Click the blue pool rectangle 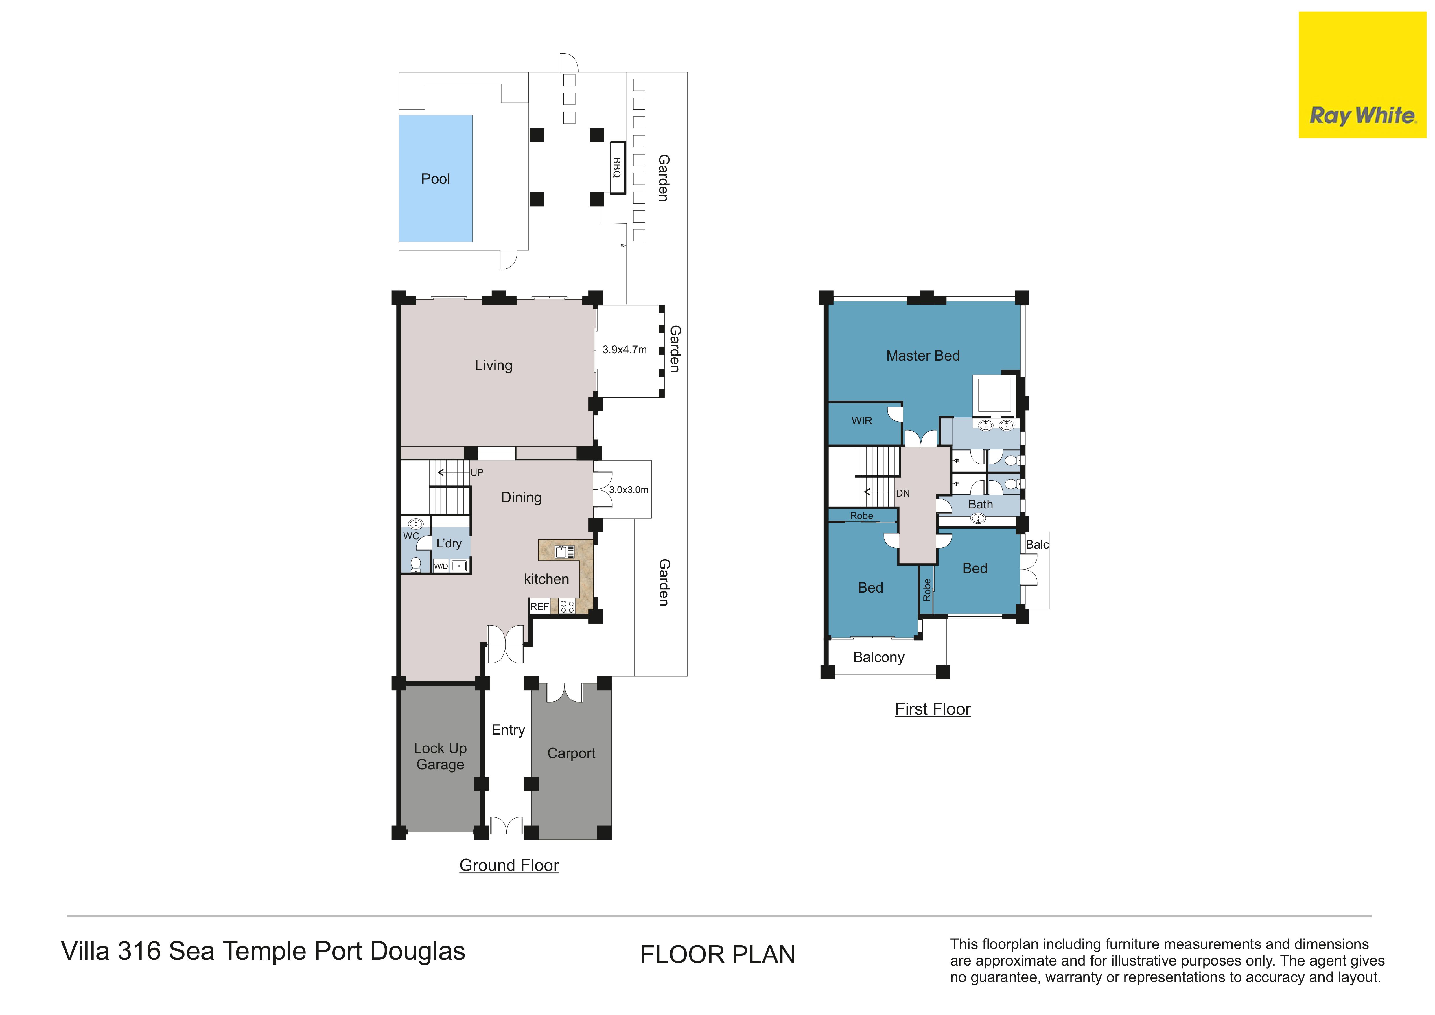[436, 178]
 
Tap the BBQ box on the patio [618, 168]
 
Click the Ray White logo [1362, 75]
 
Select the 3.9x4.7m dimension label [625, 350]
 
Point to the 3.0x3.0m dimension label [629, 490]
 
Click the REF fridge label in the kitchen [539, 606]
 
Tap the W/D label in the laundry [441, 566]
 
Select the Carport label [571, 753]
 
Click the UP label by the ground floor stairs [477, 472]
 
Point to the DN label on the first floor [902, 493]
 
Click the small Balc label [1037, 544]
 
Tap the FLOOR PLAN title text [717, 954]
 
